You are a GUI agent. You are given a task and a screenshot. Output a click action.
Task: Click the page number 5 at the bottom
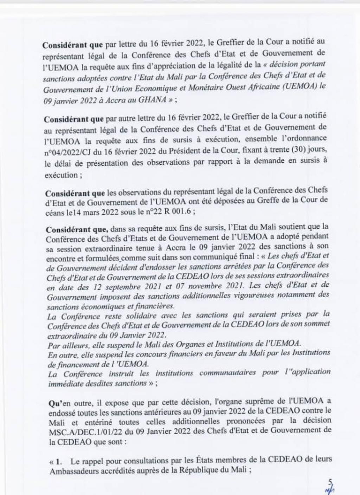click(x=329, y=482)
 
